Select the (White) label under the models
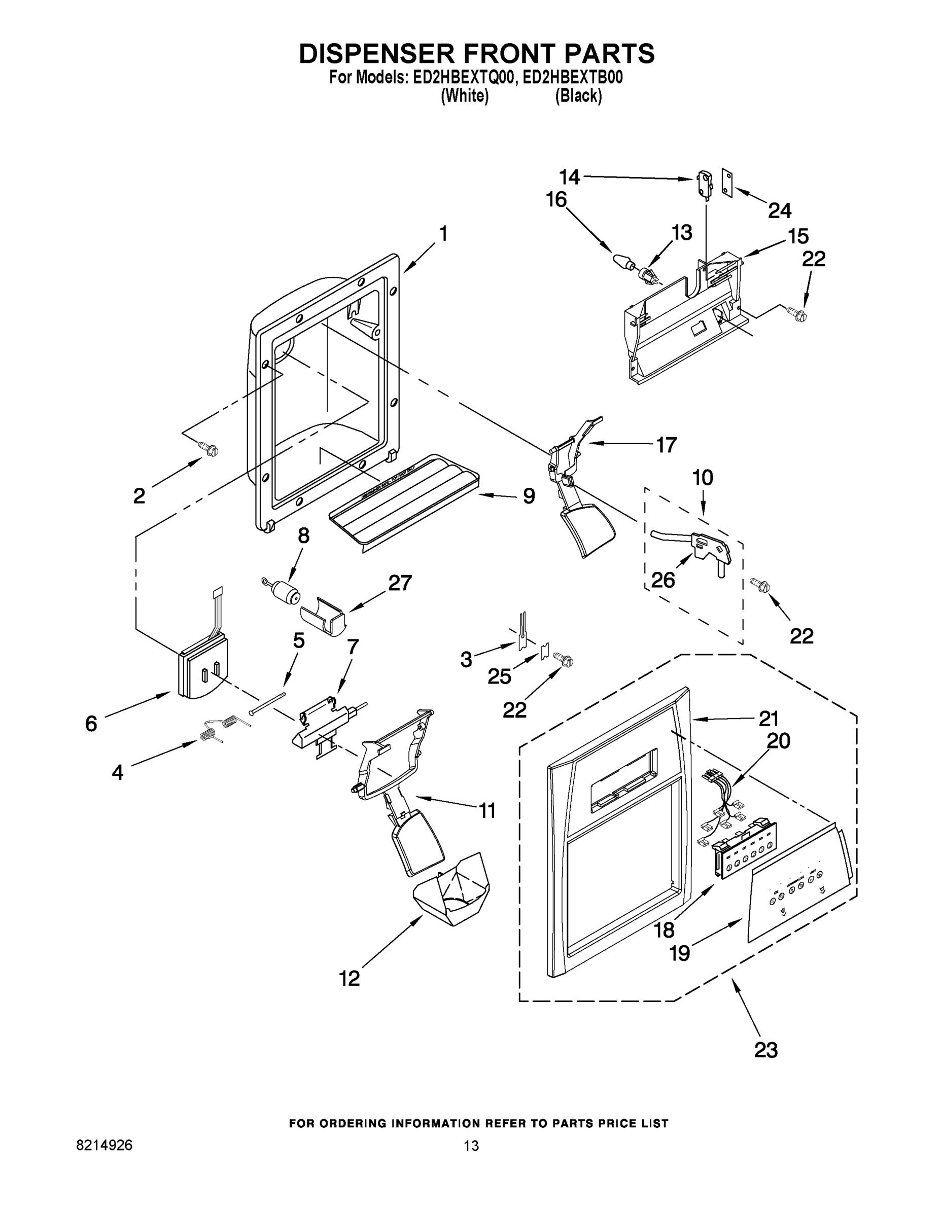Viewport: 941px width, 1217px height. click(464, 96)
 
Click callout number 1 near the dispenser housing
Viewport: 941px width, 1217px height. click(443, 234)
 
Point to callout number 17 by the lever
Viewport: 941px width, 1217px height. click(666, 445)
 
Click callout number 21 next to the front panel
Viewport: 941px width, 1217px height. click(768, 719)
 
